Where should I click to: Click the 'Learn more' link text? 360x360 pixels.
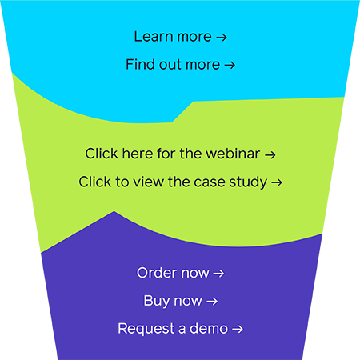[173, 37]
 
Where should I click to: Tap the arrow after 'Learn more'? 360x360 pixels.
[222, 37]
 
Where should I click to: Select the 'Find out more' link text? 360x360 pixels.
[173, 65]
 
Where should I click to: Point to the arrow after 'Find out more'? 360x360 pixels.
[230, 65]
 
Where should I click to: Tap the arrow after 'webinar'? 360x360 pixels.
[270, 153]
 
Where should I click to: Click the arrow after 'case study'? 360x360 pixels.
[277, 182]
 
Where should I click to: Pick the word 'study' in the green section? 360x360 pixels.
[251, 182]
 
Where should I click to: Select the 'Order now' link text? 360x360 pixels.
[173, 273]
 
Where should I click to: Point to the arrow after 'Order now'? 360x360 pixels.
[218, 273]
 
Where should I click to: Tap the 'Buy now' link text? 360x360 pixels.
[173, 301]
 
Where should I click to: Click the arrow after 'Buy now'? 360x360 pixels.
[212, 301]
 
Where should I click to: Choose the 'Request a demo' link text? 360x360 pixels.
[173, 328]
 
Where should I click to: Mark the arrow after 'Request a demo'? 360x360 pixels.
[238, 328]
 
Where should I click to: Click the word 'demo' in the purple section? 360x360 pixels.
[210, 328]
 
